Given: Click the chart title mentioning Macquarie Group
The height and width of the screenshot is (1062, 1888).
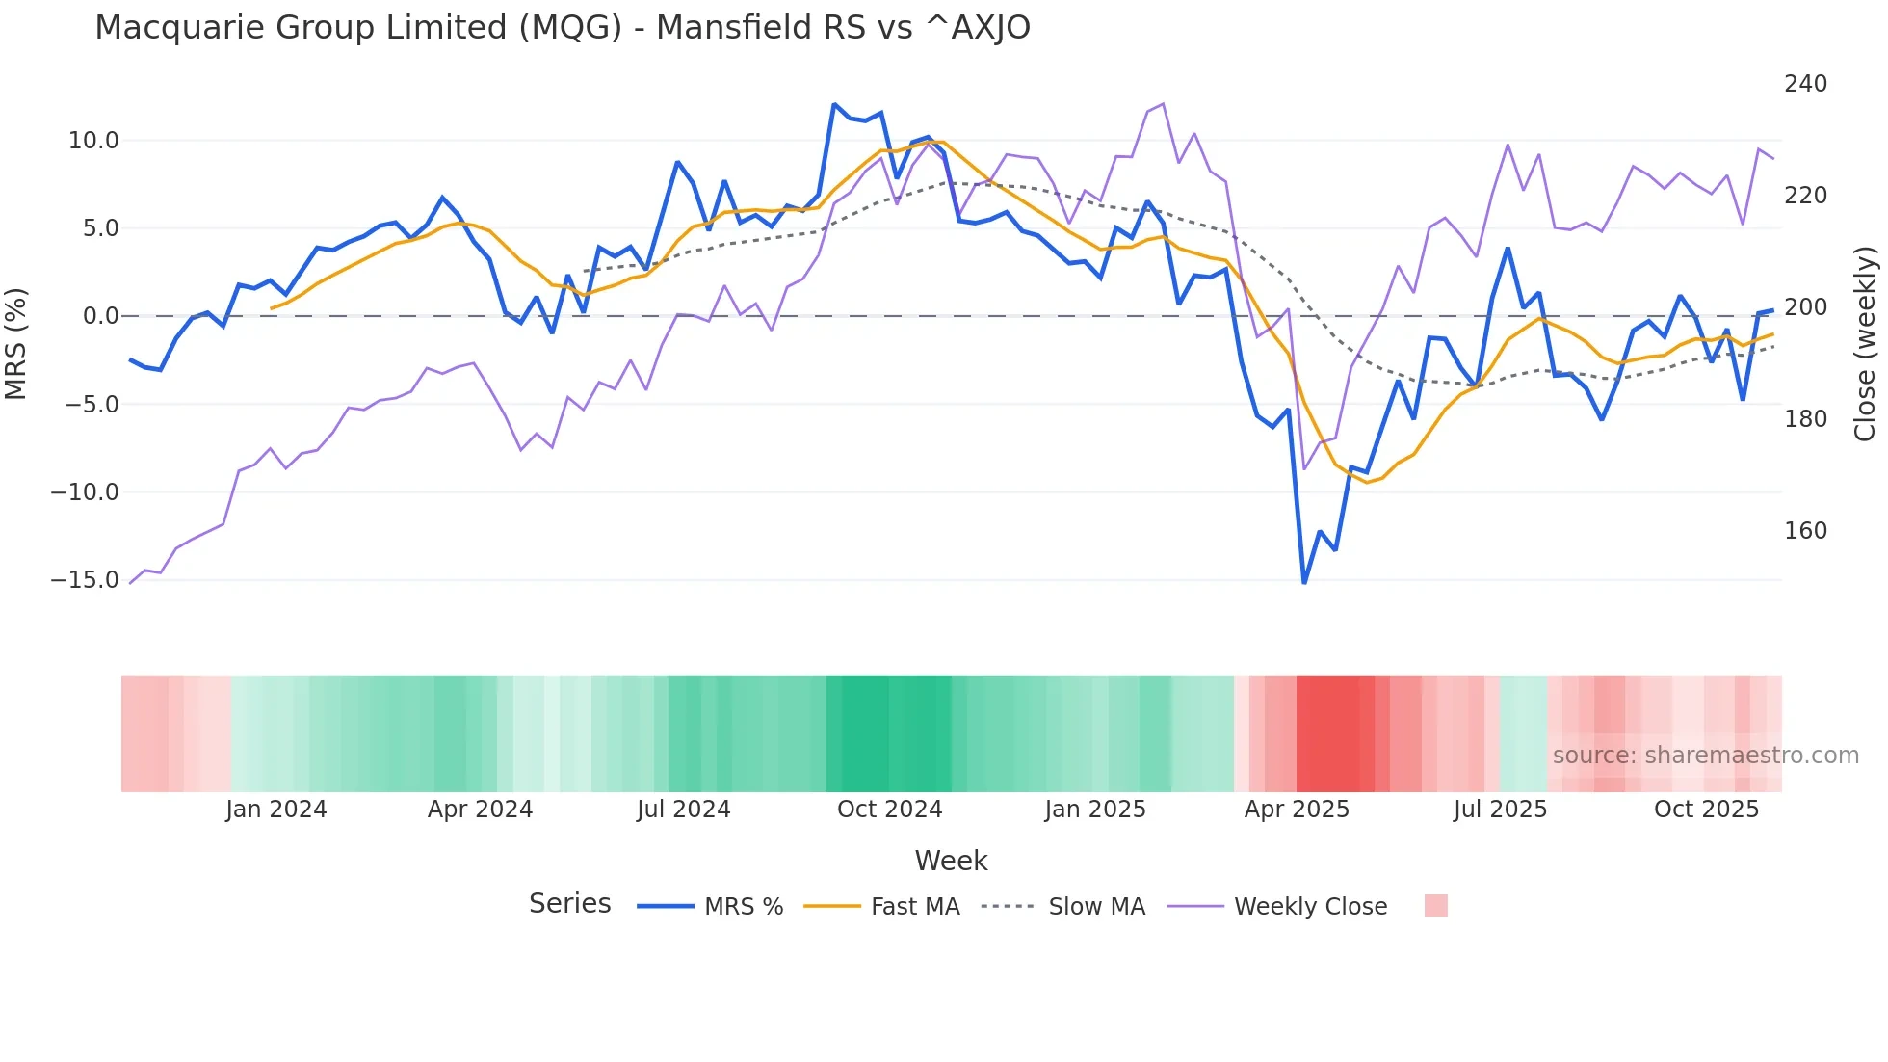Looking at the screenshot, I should (x=563, y=28).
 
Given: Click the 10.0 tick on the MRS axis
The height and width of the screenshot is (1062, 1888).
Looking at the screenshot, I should (x=93, y=141).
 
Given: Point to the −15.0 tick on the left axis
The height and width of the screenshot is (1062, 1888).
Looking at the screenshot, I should (x=85, y=580).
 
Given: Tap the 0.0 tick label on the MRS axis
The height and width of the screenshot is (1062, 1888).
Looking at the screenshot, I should (x=100, y=316).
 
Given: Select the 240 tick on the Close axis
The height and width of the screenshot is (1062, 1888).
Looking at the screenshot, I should (x=1805, y=84).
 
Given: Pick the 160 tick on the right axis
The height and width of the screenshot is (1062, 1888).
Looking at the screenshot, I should (x=1805, y=531).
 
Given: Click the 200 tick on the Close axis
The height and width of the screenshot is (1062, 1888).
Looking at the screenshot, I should (x=1805, y=307).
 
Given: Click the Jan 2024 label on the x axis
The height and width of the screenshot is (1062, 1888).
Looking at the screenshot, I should (x=276, y=810).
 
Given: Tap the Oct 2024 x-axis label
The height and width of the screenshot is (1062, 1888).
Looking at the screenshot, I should (x=889, y=810).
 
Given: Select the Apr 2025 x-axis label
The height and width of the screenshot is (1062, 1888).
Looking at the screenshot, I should (x=1297, y=810).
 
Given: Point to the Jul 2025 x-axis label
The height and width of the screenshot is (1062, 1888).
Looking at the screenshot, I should (x=1500, y=810).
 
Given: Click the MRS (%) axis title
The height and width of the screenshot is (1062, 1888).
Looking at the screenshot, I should (x=16, y=343).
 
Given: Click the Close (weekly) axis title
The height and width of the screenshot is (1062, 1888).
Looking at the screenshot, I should (x=1865, y=343).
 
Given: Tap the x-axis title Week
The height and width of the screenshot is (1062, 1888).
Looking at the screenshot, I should (x=951, y=861).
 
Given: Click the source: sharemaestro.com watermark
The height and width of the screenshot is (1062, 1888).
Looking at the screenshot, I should (x=1705, y=756).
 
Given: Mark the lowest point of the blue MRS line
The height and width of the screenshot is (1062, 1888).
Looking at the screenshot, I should (x=1304, y=582).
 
